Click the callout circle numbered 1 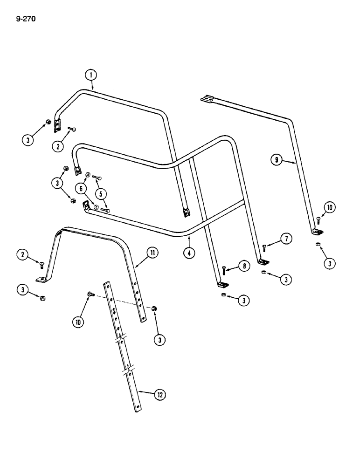point(91,75)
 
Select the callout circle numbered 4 point(189,254)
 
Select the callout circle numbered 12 point(159,394)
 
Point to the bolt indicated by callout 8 point(224,270)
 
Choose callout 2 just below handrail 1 point(58,146)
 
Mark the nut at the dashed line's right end point(154,308)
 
